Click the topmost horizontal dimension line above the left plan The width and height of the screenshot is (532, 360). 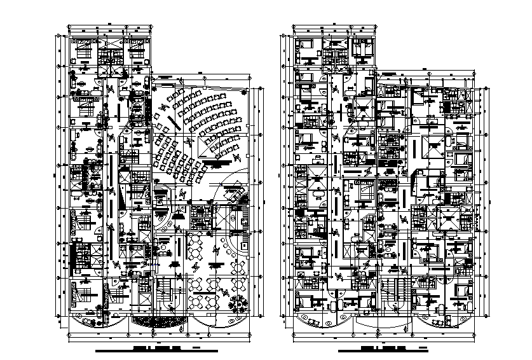[x=111, y=26]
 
